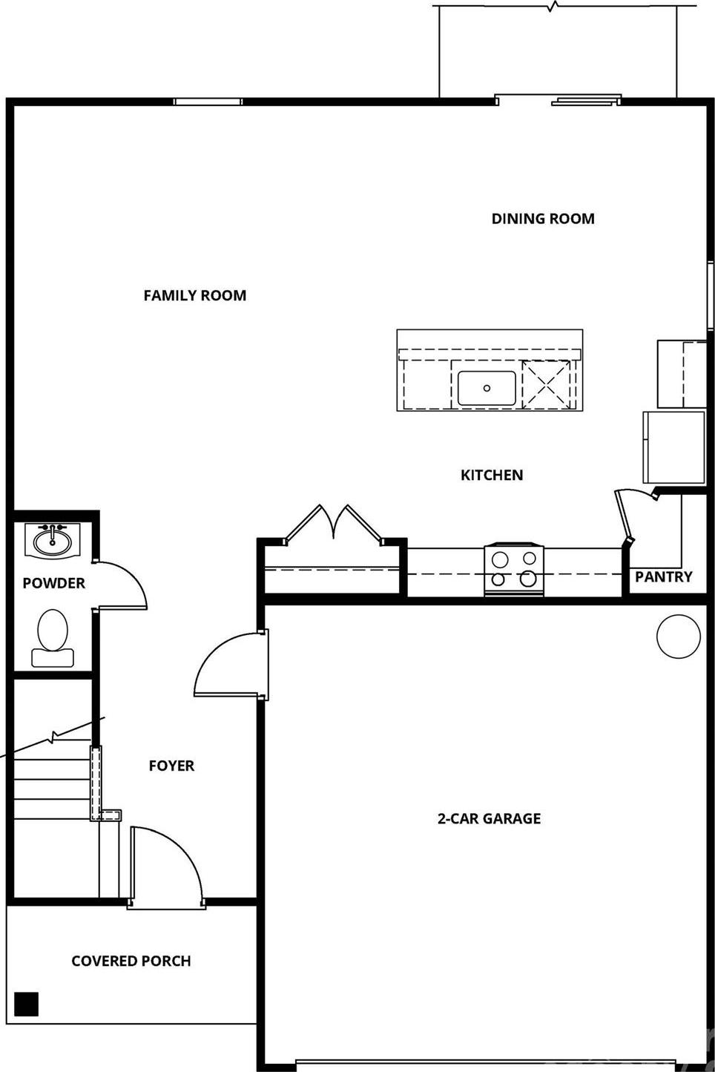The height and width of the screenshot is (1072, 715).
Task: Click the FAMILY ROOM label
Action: pyautogui.click(x=195, y=295)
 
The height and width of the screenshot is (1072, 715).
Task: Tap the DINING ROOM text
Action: pyautogui.click(x=543, y=219)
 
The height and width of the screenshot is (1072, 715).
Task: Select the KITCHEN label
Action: pyautogui.click(x=492, y=475)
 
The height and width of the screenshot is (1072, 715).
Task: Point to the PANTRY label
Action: pyautogui.click(x=663, y=576)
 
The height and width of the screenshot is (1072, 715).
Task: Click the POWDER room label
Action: pyautogui.click(x=54, y=583)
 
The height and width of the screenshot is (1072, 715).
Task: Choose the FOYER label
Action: pyautogui.click(x=171, y=766)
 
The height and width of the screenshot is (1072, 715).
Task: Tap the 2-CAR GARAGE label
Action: pyautogui.click(x=489, y=818)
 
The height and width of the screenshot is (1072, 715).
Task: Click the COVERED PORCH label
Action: pyautogui.click(x=131, y=961)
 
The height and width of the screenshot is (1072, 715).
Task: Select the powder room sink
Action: pyautogui.click(x=53, y=541)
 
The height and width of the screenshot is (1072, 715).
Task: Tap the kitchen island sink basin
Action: pyautogui.click(x=487, y=388)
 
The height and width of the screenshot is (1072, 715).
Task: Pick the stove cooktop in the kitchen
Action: pyautogui.click(x=514, y=570)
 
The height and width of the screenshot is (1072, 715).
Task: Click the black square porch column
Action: pyautogui.click(x=26, y=1004)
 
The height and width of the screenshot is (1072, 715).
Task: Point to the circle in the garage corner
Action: pyautogui.click(x=679, y=637)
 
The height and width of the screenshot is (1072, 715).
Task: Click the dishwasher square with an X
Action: pyautogui.click(x=546, y=384)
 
